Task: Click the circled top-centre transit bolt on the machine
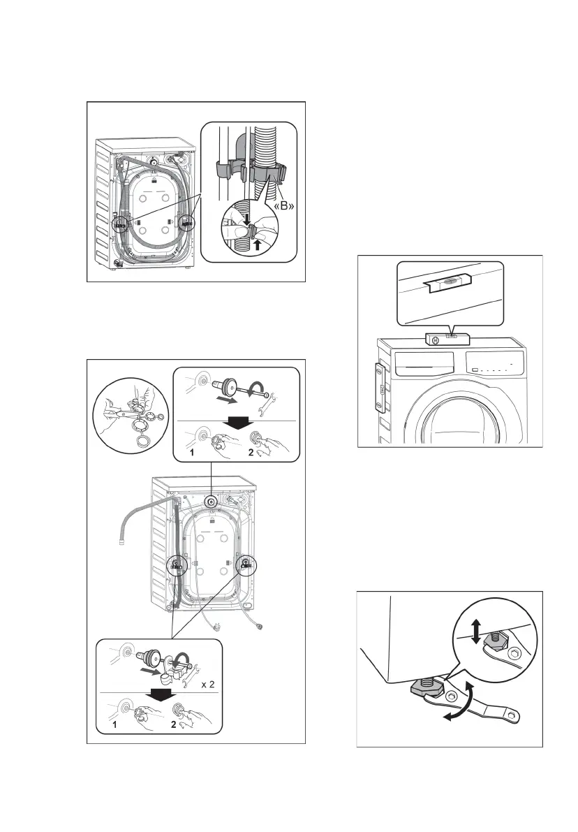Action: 211,502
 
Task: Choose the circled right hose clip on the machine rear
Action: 186,223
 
